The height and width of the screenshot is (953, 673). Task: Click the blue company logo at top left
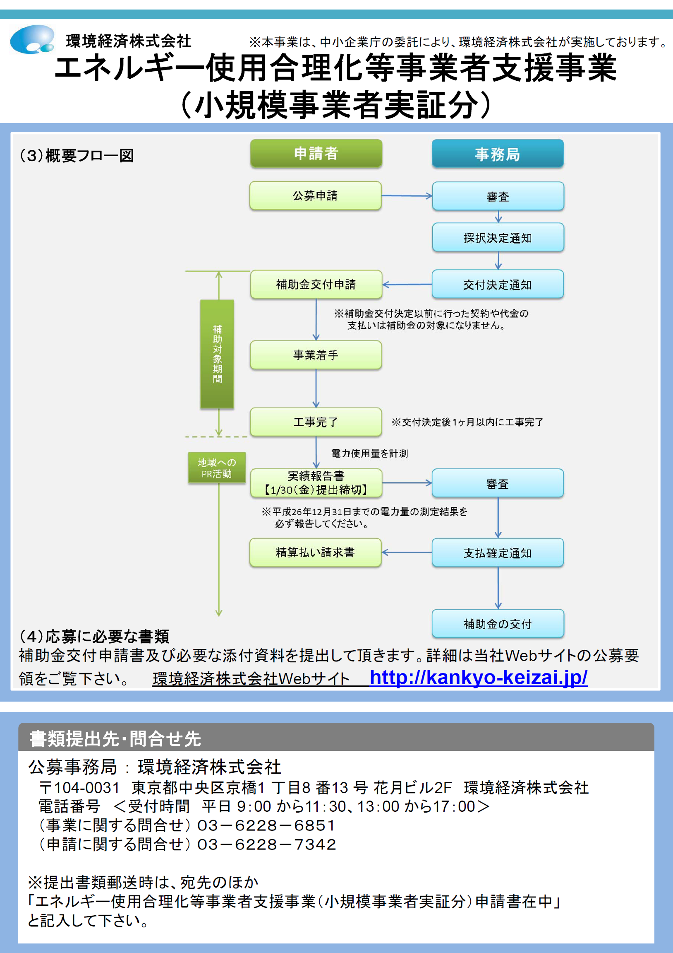pyautogui.click(x=32, y=39)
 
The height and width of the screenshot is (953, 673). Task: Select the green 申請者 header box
pyautogui.click(x=316, y=153)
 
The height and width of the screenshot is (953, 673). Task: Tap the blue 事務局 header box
pyautogui.click(x=498, y=154)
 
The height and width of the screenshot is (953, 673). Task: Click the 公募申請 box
pyautogui.click(x=315, y=195)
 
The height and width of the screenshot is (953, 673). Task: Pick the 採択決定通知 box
pyautogui.click(x=498, y=238)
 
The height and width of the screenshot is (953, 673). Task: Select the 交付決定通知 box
pyautogui.click(x=498, y=284)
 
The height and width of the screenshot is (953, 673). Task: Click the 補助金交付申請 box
pyautogui.click(x=316, y=284)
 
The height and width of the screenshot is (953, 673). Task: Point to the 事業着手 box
pyautogui.click(x=316, y=355)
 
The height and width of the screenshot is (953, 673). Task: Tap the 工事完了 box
pyautogui.click(x=316, y=422)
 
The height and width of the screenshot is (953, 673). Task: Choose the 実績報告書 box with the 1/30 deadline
pyautogui.click(x=316, y=483)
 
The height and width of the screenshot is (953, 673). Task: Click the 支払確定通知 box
pyautogui.click(x=498, y=553)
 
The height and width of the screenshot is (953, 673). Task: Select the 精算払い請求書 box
pyautogui.click(x=315, y=552)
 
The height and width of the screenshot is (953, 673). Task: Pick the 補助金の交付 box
pyautogui.click(x=498, y=623)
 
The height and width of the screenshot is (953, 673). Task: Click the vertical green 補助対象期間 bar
pyautogui.click(x=217, y=354)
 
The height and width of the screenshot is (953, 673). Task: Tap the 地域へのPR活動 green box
pyautogui.click(x=217, y=468)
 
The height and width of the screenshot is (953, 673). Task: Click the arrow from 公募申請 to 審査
pyautogui.click(x=407, y=195)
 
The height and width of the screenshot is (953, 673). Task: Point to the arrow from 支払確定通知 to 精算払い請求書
pyautogui.click(x=406, y=552)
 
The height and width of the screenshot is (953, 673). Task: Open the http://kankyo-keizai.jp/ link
pyautogui.click(x=478, y=678)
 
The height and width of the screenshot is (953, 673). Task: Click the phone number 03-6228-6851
pyautogui.click(x=266, y=825)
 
